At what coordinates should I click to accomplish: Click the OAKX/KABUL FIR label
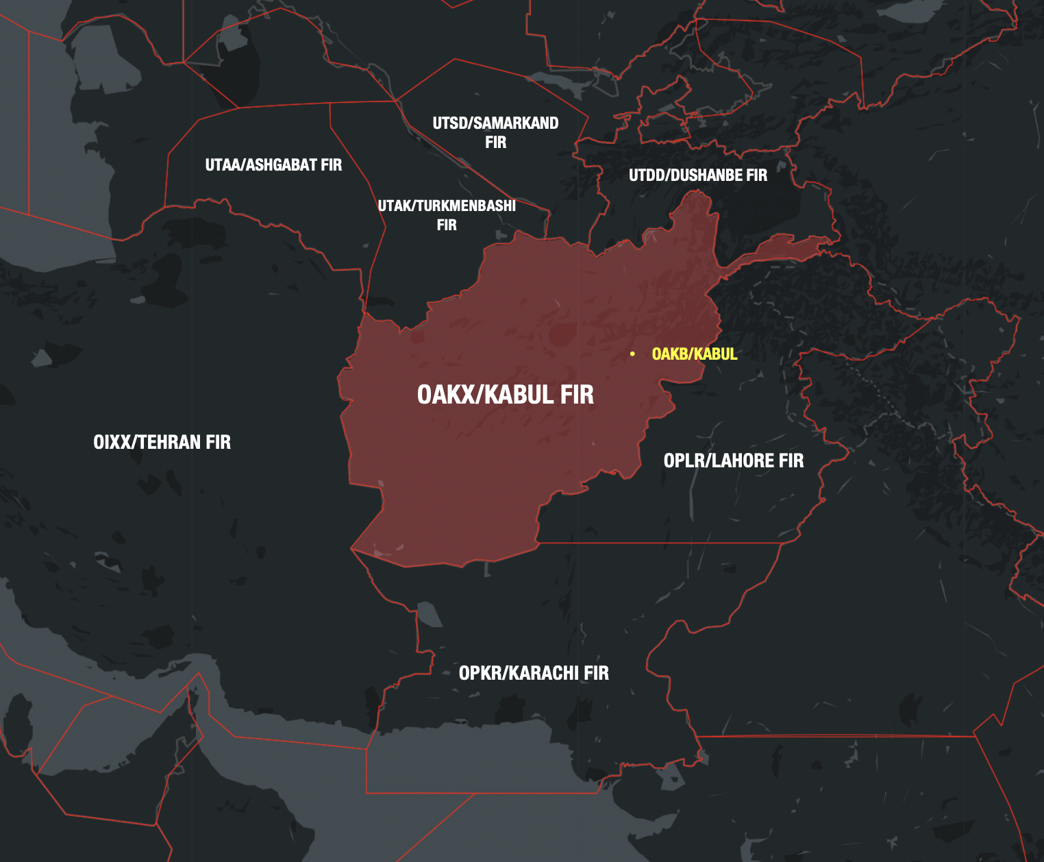(x=505, y=395)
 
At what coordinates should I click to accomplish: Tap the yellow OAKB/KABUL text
(x=694, y=354)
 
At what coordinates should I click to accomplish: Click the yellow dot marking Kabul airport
(x=632, y=354)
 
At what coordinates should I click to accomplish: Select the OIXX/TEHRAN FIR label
(x=162, y=442)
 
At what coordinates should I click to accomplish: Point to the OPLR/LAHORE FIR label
(x=733, y=460)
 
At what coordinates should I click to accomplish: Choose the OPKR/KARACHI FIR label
(x=534, y=673)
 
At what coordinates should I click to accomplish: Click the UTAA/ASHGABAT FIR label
(x=273, y=165)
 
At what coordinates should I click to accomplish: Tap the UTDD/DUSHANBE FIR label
(x=698, y=175)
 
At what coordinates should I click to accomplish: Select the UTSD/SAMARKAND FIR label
(x=495, y=132)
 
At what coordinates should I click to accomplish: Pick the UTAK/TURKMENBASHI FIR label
(x=447, y=214)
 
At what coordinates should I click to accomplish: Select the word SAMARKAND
(x=516, y=123)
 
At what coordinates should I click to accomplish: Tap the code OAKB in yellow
(x=671, y=354)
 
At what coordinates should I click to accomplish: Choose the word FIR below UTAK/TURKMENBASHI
(x=447, y=225)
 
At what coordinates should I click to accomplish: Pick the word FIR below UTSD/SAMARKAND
(x=495, y=143)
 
